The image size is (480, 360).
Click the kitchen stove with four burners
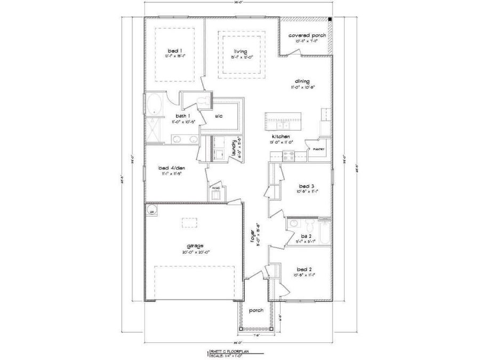pos(289,156)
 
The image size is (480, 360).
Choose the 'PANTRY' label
pos(319,150)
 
